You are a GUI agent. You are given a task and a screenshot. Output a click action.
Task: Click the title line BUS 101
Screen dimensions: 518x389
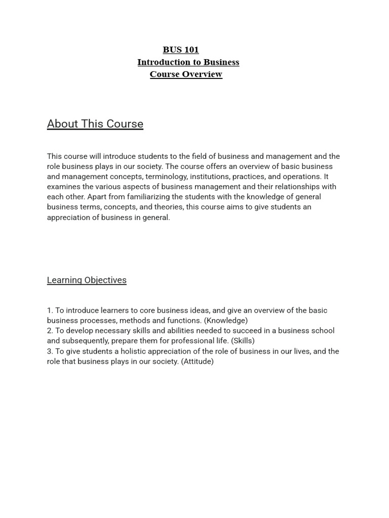tap(181, 50)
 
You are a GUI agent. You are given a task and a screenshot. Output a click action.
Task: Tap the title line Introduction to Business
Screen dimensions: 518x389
tap(188, 62)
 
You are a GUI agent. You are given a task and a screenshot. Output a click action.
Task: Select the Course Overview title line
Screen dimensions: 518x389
tap(186, 74)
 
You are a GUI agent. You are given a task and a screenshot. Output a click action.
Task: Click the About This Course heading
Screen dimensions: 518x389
tap(95, 124)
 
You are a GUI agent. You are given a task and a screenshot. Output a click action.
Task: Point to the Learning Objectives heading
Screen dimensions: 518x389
tap(87, 280)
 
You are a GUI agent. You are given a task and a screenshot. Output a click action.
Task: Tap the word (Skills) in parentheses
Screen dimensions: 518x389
tap(243, 341)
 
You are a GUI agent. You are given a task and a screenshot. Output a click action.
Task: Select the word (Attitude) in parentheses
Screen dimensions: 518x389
tap(197, 362)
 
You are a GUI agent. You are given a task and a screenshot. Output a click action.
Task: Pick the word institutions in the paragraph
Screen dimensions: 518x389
tap(210, 177)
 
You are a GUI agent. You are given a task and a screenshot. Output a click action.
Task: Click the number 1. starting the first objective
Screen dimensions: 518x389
tap(50, 311)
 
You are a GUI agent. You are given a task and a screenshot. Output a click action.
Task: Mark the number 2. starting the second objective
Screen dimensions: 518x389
tap(50, 331)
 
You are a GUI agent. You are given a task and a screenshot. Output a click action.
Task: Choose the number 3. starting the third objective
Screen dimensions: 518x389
tap(50, 352)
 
